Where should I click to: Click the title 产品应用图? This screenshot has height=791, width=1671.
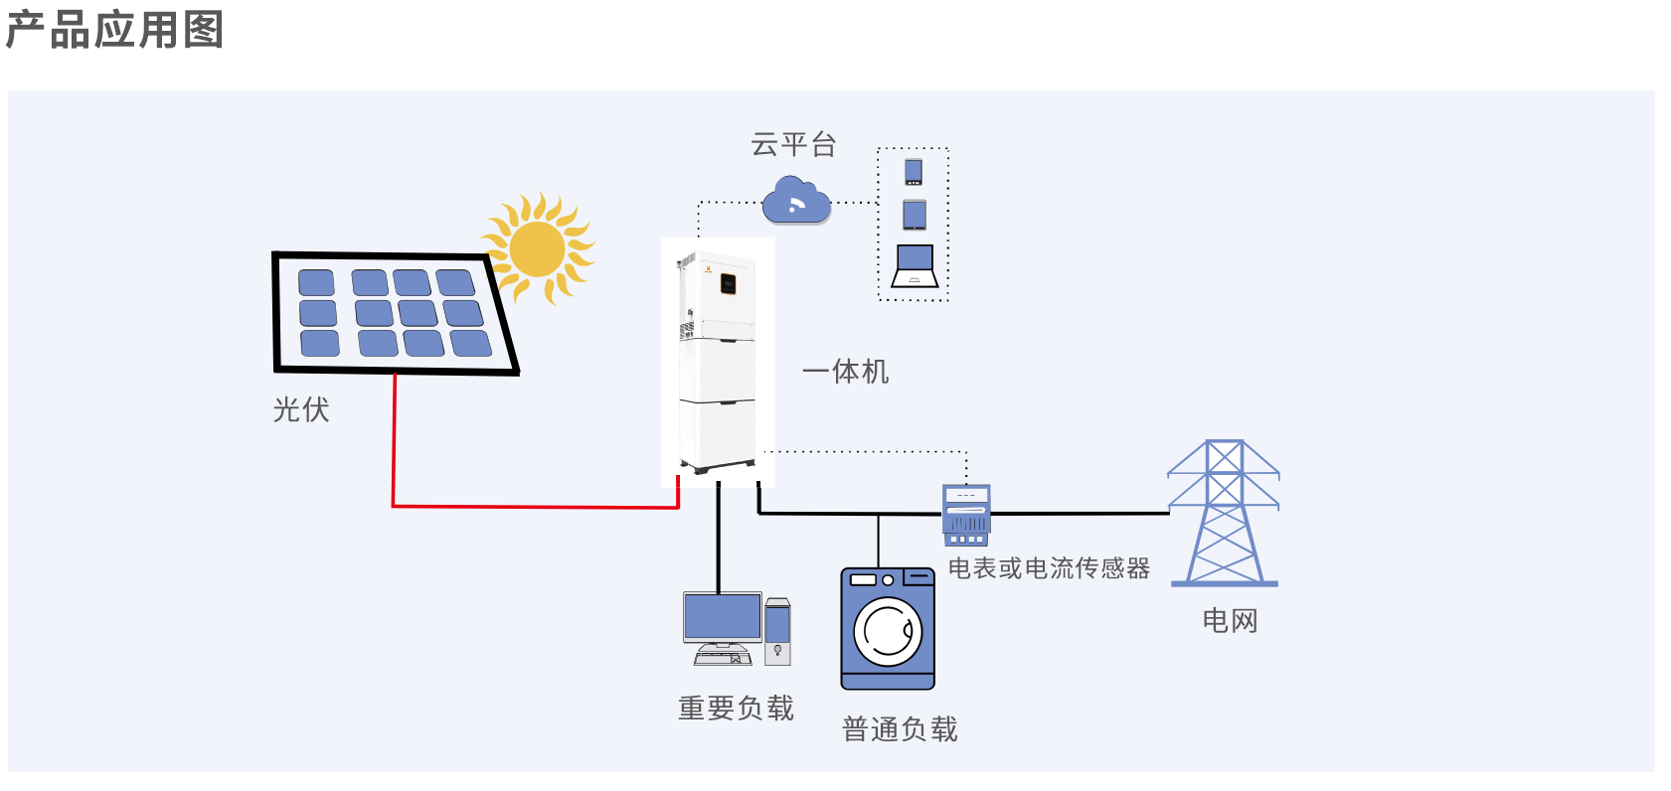114,30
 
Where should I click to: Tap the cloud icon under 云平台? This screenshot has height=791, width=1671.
796,202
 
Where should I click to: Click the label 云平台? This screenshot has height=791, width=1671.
793,145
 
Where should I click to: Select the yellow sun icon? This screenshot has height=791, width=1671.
538,248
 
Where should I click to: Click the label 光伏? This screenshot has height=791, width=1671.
301,409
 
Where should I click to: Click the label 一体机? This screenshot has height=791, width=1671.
846,372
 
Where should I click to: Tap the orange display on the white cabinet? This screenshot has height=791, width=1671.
728,284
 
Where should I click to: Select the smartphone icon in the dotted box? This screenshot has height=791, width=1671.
914,172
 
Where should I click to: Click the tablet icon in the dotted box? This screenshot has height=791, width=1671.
915,215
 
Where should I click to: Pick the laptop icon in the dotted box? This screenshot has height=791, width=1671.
915,266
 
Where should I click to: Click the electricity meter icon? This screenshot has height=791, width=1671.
966,515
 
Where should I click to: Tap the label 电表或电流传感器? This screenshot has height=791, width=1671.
1049,568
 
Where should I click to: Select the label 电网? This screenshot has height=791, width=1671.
1230,621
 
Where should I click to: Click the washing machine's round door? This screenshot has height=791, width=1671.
888,632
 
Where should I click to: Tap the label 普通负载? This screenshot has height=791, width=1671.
900,729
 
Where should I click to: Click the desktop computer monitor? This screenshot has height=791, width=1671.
723,618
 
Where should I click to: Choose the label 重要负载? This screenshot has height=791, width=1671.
736,708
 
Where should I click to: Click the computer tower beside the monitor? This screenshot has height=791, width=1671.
777,632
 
